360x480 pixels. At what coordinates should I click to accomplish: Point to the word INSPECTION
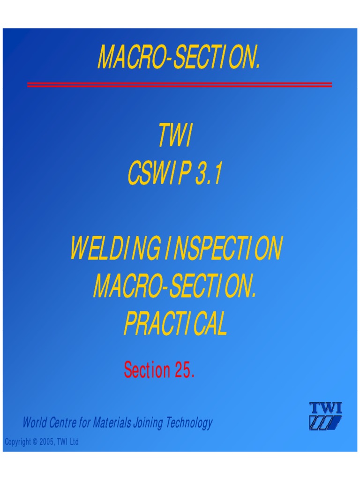tap(223, 249)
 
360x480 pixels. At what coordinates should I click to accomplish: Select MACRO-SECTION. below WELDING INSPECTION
tap(175, 287)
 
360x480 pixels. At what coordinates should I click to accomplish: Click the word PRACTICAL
tap(175, 324)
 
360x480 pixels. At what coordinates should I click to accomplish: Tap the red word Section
tap(147, 370)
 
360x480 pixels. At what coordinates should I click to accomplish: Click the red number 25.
tap(185, 370)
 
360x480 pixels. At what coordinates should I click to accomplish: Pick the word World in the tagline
tap(34, 423)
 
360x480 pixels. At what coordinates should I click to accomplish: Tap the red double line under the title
tap(180, 85)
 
